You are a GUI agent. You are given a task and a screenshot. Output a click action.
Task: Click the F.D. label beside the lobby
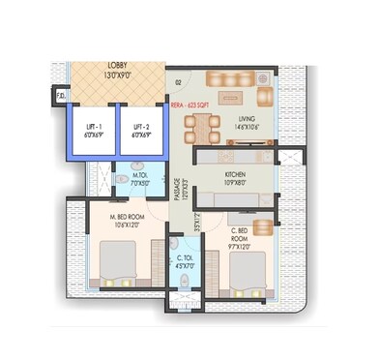click(61, 96)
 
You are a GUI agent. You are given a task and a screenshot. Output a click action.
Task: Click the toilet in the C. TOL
click(185, 281)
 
